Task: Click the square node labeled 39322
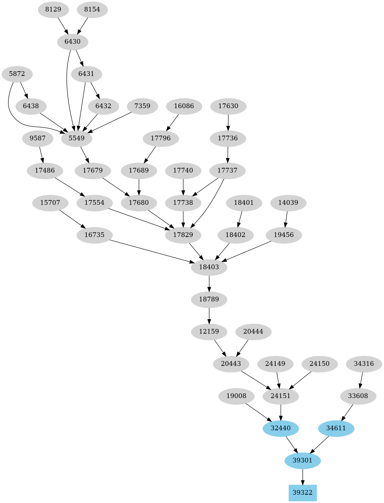point(302,493)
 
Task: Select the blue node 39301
point(302,460)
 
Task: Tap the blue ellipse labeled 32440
point(281,428)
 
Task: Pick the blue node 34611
point(336,428)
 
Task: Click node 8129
point(53,9)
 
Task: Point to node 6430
point(73,42)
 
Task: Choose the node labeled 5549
point(77,138)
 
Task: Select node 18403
point(209,267)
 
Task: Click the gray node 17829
point(183,235)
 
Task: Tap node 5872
point(17,74)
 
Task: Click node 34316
point(364,364)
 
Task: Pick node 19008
point(236,396)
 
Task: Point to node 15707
point(50,203)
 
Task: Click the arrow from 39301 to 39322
point(302,477)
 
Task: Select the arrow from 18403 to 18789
point(209,283)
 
